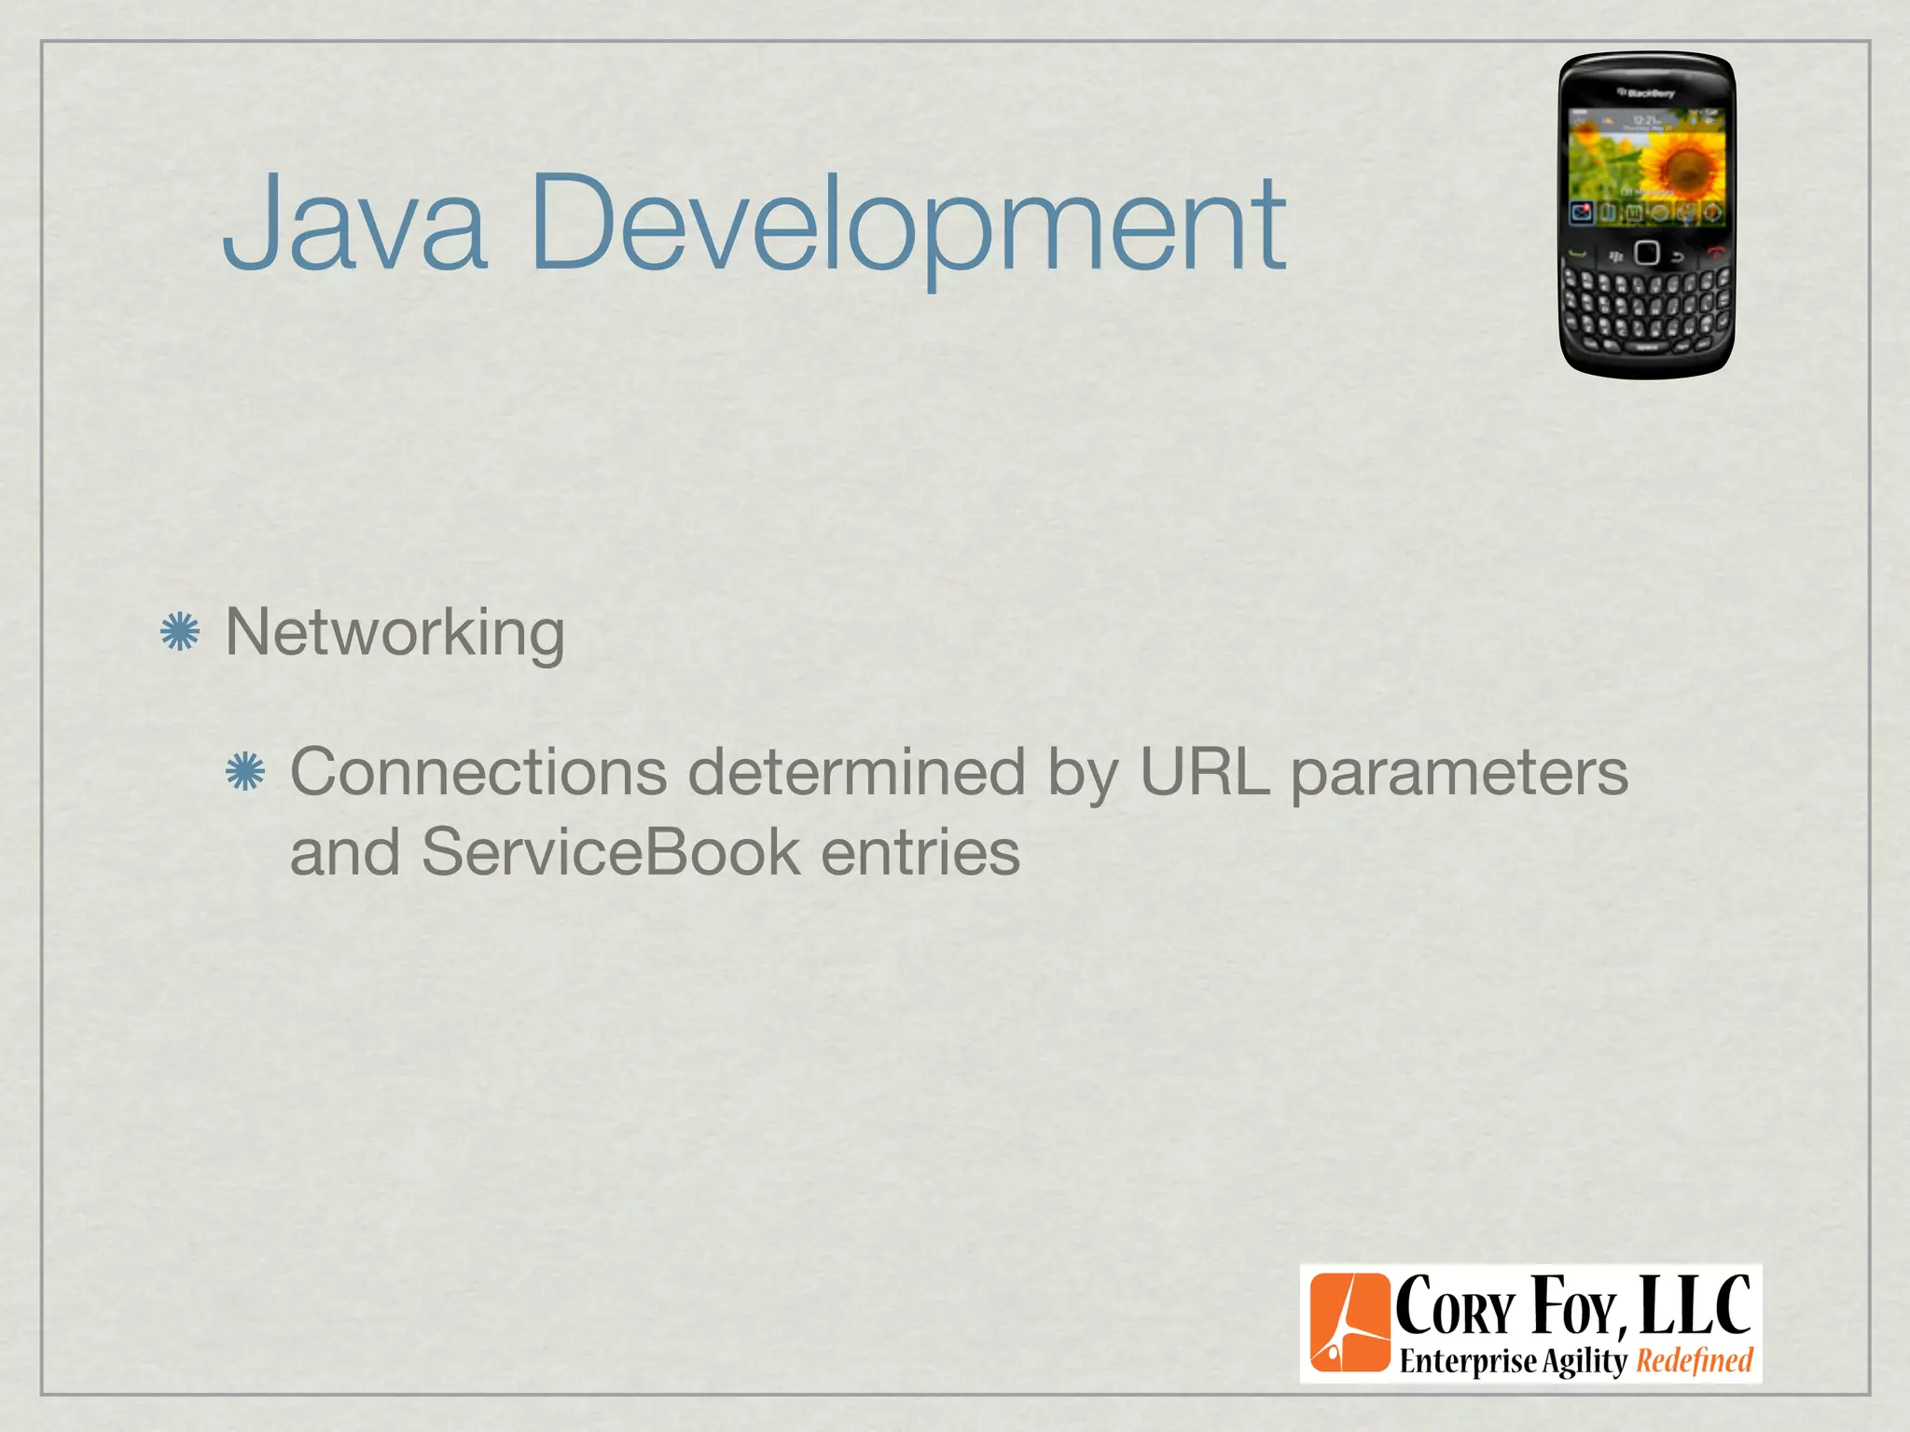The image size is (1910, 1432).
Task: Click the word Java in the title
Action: tap(354, 224)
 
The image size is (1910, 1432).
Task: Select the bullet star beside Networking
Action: tap(180, 632)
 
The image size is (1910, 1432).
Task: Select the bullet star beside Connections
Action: tap(245, 771)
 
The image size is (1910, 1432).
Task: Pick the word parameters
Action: tap(1459, 774)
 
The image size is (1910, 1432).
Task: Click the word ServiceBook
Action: tap(611, 852)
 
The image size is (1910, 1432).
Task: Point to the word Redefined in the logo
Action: tap(1695, 1361)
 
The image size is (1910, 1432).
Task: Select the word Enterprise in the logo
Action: tap(1468, 1362)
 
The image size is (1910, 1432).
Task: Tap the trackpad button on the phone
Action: tap(1647, 253)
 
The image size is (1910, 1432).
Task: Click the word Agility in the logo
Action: tap(1584, 1362)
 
